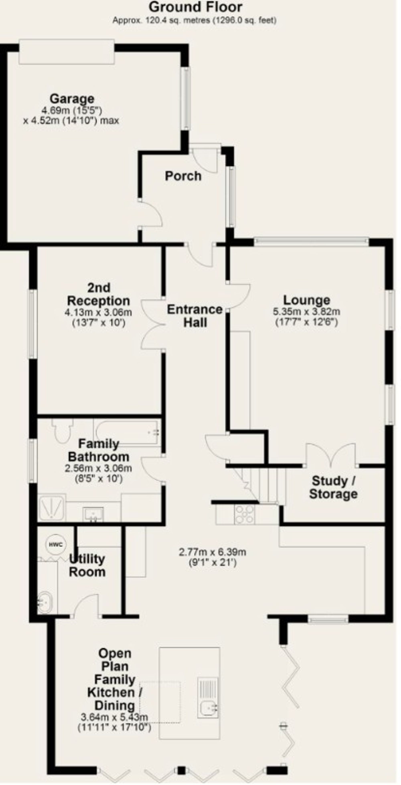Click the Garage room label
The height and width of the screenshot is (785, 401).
click(72, 99)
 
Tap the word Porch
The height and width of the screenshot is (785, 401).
click(183, 176)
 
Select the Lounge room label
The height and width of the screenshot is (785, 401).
click(307, 300)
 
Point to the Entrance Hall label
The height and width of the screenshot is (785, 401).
click(195, 316)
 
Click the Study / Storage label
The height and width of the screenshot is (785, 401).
click(333, 488)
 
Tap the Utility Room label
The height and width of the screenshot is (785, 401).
click(87, 566)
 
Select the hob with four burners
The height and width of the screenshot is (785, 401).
click(244, 515)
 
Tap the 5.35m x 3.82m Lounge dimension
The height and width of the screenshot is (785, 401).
click(307, 312)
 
